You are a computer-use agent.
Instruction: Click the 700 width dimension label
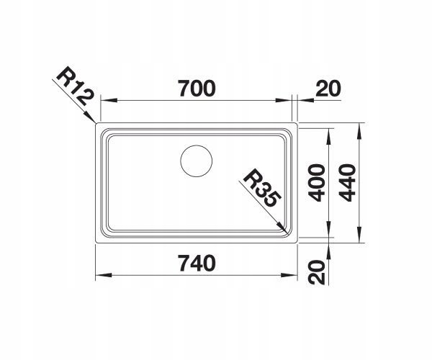pyautogui.click(x=197, y=88)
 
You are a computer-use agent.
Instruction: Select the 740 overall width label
pyautogui.click(x=197, y=263)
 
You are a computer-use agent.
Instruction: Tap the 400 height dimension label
pyautogui.click(x=317, y=183)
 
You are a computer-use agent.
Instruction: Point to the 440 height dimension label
pyautogui.click(x=348, y=183)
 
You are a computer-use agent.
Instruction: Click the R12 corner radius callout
pyautogui.click(x=75, y=86)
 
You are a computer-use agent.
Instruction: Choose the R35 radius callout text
pyautogui.click(x=262, y=188)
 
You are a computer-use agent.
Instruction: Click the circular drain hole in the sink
pyautogui.click(x=197, y=161)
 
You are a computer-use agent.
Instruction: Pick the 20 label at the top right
pyautogui.click(x=328, y=89)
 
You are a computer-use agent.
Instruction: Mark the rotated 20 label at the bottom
pyautogui.click(x=317, y=272)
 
